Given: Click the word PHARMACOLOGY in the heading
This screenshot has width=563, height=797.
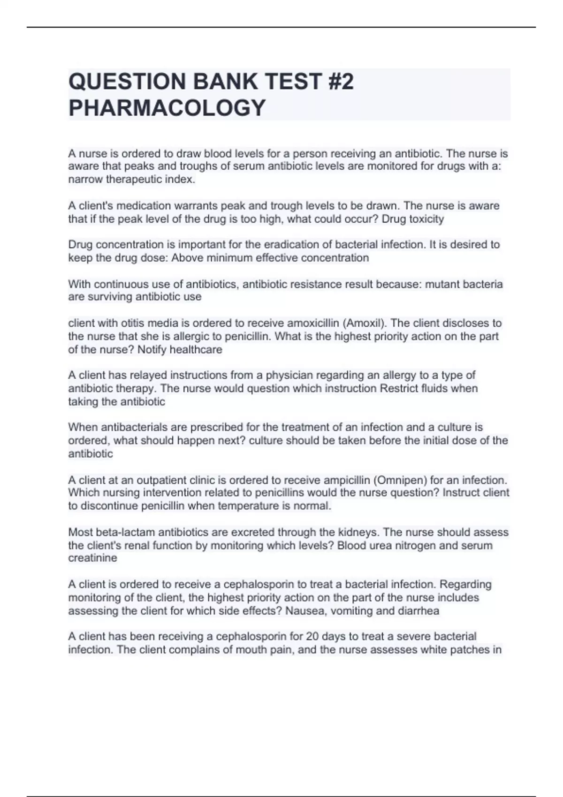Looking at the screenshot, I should click(x=167, y=108).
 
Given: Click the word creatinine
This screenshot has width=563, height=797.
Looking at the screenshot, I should click(x=92, y=558).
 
